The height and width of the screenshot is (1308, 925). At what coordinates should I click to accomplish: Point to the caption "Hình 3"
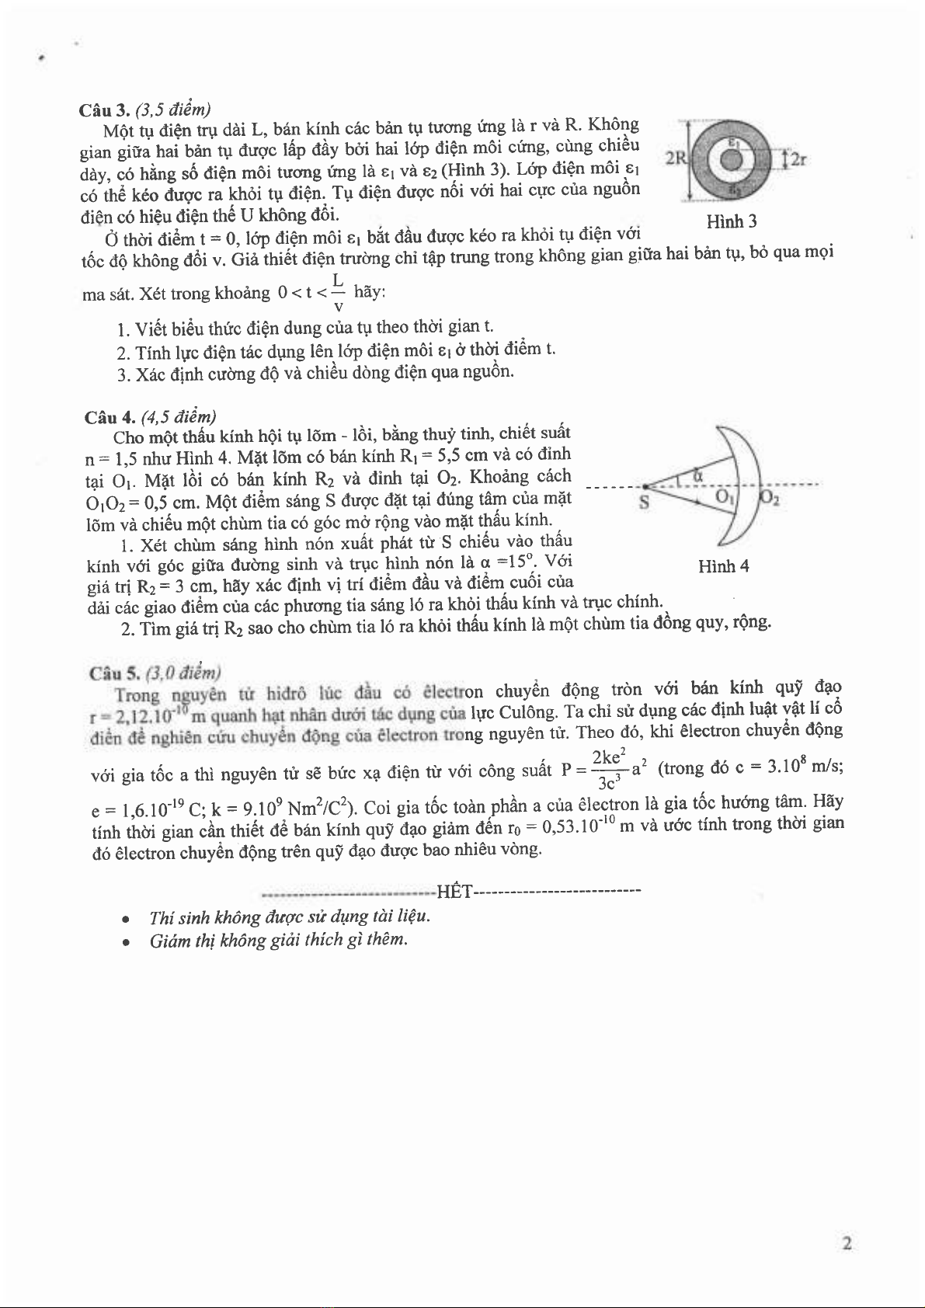click(x=731, y=222)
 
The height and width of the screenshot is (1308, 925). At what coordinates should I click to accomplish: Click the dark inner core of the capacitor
click(x=731, y=159)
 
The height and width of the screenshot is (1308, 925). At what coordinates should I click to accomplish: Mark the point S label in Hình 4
click(x=643, y=503)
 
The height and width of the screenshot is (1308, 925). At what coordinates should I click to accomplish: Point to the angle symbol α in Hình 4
click(x=697, y=474)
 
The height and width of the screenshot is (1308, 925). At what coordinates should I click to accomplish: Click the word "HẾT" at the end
click(x=455, y=890)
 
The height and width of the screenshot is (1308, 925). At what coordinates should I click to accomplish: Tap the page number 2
click(x=847, y=1243)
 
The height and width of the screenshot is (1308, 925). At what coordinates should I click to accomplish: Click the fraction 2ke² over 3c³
click(x=608, y=769)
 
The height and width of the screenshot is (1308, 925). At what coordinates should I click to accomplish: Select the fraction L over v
click(x=338, y=293)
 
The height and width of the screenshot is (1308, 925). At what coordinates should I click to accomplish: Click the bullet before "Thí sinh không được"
click(x=125, y=918)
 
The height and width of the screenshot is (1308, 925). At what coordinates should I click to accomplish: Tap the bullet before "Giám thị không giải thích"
click(x=125, y=941)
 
